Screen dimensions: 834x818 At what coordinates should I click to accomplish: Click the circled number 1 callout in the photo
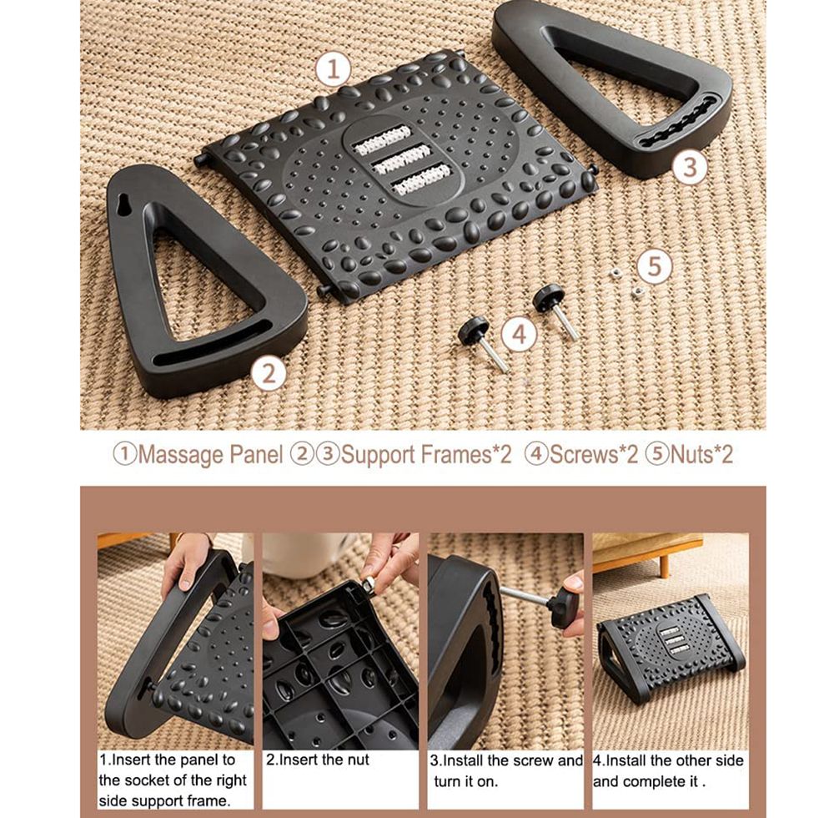[333, 70]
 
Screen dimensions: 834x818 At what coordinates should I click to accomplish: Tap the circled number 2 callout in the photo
[269, 374]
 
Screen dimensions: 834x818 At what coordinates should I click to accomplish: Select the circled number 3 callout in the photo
[690, 167]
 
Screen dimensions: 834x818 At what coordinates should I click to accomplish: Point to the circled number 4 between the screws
[520, 334]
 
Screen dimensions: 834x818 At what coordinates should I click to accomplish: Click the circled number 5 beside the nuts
[655, 265]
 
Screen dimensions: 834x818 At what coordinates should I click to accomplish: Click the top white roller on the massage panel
[383, 139]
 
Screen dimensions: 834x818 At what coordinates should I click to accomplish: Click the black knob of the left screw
[474, 326]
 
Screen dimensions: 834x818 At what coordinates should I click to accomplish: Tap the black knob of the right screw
[549, 296]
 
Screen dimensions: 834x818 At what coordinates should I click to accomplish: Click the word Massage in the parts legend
[181, 456]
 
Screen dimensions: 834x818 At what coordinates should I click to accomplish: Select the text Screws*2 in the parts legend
[593, 455]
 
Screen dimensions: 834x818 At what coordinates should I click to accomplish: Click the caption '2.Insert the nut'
[318, 760]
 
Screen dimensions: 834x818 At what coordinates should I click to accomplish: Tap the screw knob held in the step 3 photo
[564, 607]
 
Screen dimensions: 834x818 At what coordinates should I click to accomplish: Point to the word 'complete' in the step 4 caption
[654, 782]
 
